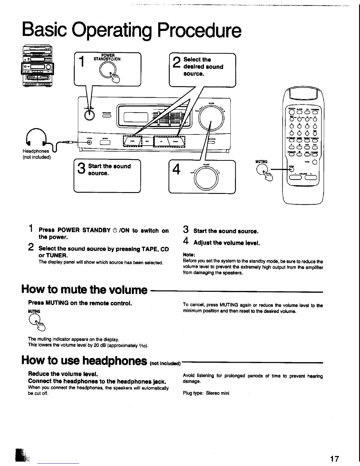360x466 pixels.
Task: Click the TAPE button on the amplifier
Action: (133, 142)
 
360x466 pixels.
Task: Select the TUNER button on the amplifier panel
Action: (175, 142)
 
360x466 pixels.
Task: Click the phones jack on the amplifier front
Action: (89, 142)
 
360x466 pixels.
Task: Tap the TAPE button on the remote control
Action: (315, 162)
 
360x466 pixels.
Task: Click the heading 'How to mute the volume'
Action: (84, 290)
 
